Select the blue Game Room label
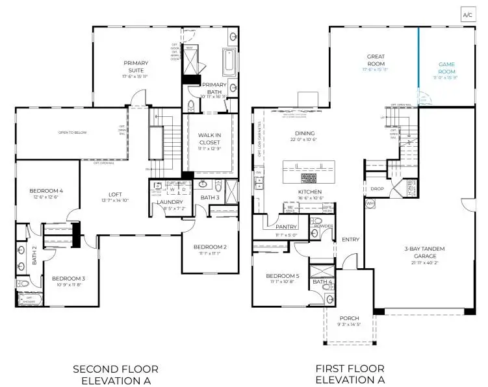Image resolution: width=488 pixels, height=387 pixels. tap(446, 65)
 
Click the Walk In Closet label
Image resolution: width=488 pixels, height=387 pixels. tap(209, 138)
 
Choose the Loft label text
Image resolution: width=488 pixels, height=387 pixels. tap(115, 194)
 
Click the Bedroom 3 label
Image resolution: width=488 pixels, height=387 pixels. tap(69, 279)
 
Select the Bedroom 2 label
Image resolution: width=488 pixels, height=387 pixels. tap(210, 247)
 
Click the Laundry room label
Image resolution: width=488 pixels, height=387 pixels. tap(170, 202)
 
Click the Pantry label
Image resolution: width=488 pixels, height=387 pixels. tap(286, 227)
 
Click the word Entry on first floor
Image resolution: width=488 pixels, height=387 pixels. tap(350, 239)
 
